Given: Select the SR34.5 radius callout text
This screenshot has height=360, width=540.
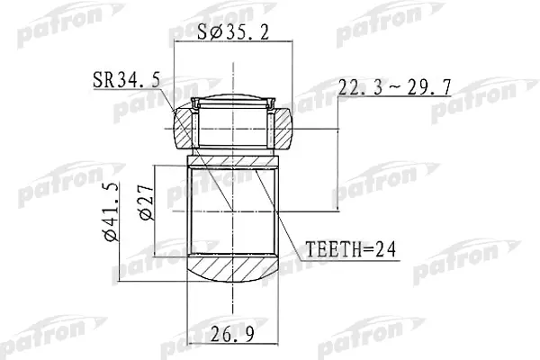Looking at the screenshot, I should [x=127, y=81].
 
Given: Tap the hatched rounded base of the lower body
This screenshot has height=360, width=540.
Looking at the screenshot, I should [x=232, y=271].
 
